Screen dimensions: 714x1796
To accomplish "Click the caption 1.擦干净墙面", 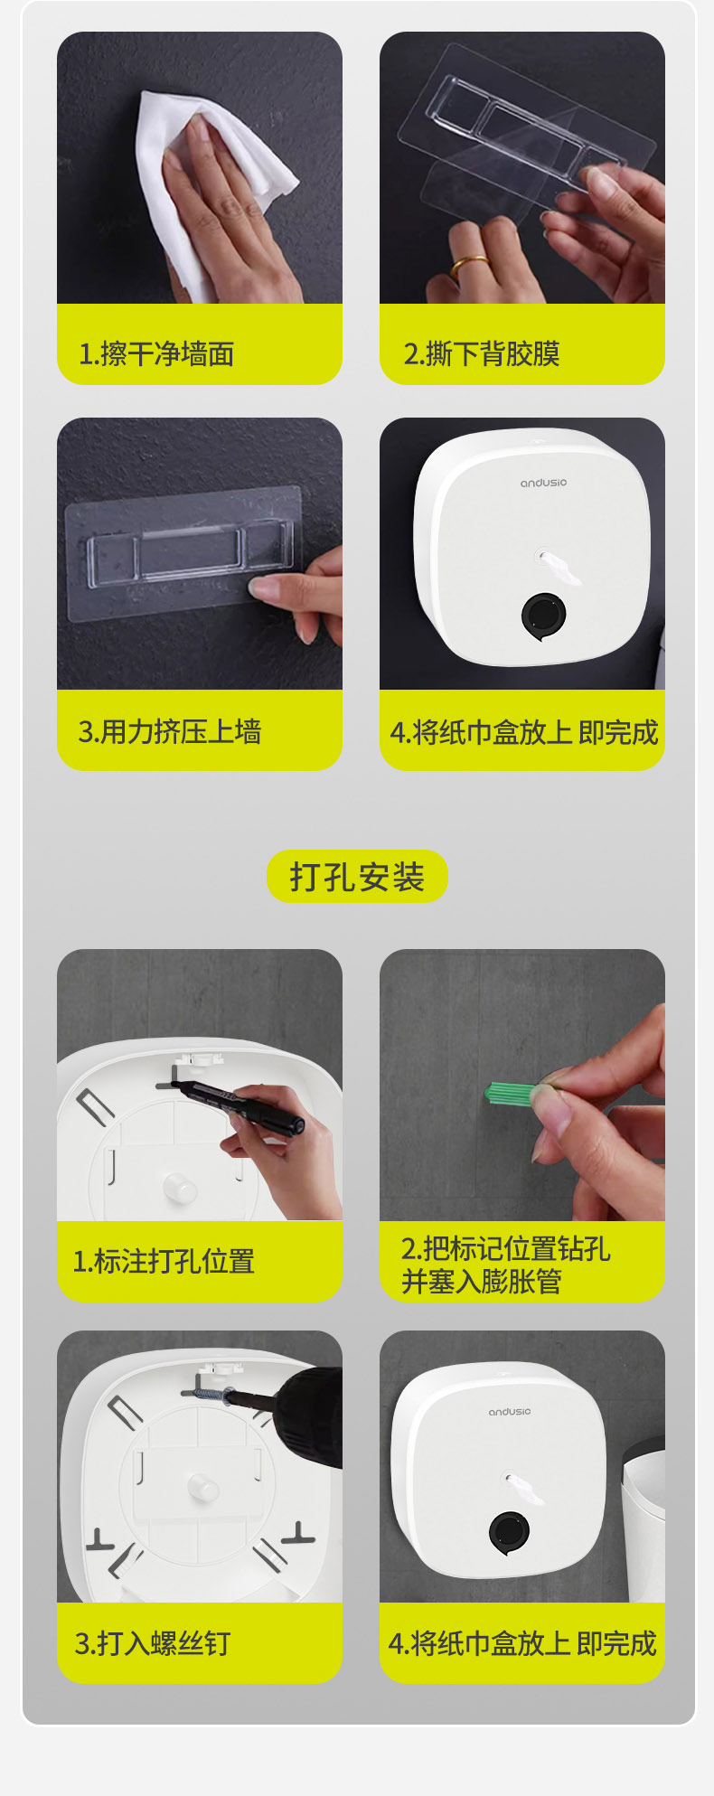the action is pos(156,353).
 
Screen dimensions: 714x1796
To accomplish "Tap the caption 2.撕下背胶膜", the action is pos(482,353).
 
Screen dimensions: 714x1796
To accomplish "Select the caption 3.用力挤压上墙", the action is pos(170,731).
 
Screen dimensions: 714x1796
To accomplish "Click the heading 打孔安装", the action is pos(357,877).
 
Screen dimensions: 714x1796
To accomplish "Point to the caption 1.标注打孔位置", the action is pos(164,1261).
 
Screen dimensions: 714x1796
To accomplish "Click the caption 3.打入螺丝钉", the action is pos(153,1642).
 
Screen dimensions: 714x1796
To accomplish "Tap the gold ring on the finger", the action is pos(470,265).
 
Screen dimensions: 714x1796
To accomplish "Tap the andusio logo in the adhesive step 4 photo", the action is pos(543,483).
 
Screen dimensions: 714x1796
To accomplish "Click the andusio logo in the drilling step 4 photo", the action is pos(510,1411).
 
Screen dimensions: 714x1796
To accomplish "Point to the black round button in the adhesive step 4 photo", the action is pos(543,616).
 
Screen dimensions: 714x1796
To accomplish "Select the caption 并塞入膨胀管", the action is pos(482,1281).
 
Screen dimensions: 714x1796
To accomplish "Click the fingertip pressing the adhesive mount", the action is pos(264,590).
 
